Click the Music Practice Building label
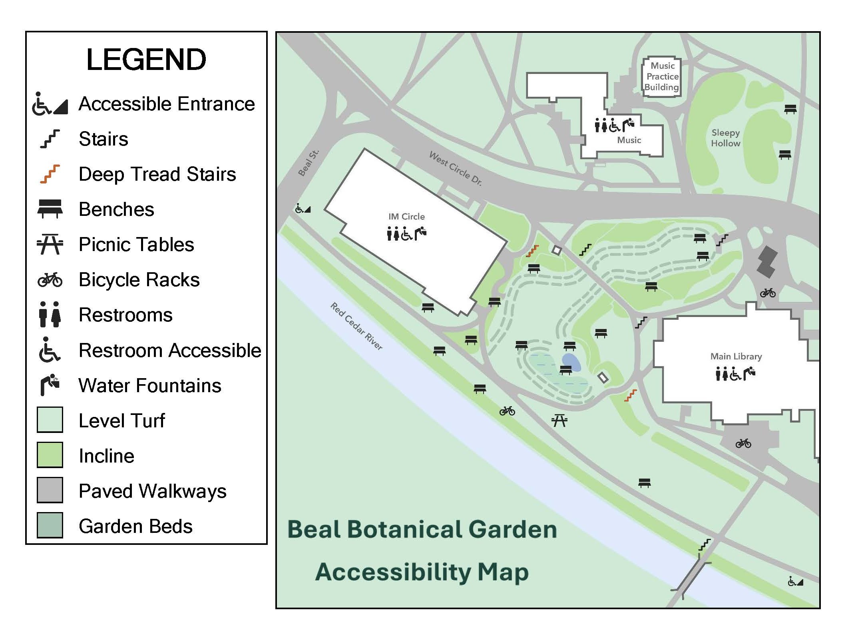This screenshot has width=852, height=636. (x=662, y=76)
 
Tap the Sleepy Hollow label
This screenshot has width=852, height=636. (x=725, y=138)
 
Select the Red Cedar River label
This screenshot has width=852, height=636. (x=356, y=326)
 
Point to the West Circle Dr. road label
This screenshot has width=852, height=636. (x=455, y=168)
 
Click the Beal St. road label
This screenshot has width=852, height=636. (x=309, y=163)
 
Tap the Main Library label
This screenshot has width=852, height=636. (x=736, y=356)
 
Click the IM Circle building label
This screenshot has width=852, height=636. (x=406, y=216)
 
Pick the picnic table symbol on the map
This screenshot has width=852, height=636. (x=559, y=420)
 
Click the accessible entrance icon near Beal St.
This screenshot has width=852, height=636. (x=303, y=209)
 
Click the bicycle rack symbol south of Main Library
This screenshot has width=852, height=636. (x=743, y=443)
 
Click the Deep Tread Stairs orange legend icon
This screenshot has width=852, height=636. (x=50, y=174)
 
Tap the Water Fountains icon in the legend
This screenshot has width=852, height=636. (x=50, y=385)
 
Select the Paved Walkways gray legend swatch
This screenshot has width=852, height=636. (x=50, y=490)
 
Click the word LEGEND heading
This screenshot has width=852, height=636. (x=146, y=60)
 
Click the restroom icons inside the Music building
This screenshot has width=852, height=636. (x=601, y=126)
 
